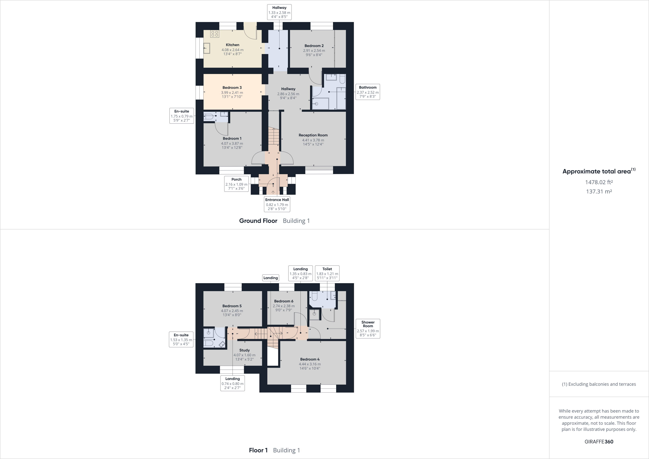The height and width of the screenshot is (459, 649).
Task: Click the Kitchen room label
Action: tap(232, 45)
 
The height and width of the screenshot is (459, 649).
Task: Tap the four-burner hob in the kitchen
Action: tap(215, 34)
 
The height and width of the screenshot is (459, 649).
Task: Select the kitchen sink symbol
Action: tap(206, 48)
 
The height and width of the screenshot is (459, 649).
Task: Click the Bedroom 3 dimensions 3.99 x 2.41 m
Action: tap(232, 93)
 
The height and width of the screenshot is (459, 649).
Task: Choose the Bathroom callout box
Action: tap(367, 92)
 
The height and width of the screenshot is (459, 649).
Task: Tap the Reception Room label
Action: tap(313, 135)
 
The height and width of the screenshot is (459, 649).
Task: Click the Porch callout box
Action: tap(236, 184)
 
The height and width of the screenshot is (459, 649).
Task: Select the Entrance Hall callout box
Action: tap(277, 204)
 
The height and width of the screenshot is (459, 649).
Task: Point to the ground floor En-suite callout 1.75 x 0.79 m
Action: tap(181, 116)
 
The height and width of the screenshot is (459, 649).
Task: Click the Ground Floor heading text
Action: tap(258, 221)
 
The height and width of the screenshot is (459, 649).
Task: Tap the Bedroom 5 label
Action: tap(232, 306)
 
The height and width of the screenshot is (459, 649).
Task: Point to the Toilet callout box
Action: tap(327, 273)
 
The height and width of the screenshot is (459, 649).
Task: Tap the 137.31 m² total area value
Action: tap(599, 191)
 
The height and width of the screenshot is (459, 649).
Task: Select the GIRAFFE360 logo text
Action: tap(599, 441)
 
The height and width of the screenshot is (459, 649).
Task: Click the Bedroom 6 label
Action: tap(283, 301)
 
